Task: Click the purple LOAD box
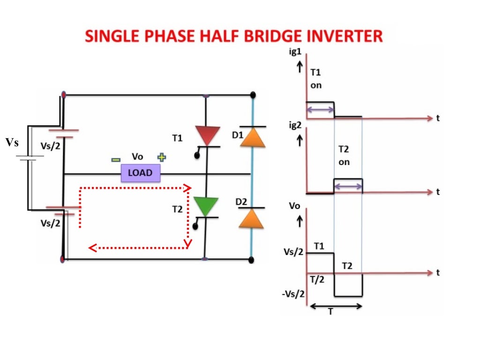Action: tap(140, 173)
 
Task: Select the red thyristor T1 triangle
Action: tap(207, 135)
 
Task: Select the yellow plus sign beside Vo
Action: tap(162, 157)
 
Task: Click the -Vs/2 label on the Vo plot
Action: tap(294, 294)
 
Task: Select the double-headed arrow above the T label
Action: tap(336, 306)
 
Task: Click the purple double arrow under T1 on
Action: tap(320, 110)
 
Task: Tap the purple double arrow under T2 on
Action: tap(348, 187)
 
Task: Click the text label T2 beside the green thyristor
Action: tap(178, 209)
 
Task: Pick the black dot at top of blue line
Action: tap(253, 95)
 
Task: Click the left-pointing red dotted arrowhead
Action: tap(93, 247)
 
